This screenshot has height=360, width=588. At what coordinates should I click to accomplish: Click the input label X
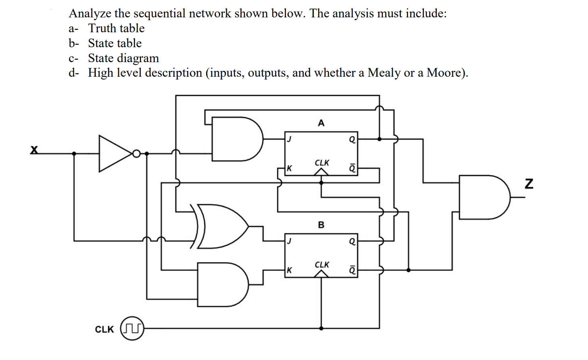pyautogui.click(x=34, y=150)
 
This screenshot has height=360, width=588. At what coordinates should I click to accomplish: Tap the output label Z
pyautogui.click(x=529, y=184)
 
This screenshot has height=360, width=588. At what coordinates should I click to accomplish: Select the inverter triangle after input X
pyautogui.click(x=114, y=154)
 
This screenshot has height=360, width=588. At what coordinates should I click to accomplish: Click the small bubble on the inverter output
pyautogui.click(x=136, y=154)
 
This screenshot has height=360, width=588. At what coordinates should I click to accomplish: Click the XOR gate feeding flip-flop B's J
pyautogui.click(x=222, y=226)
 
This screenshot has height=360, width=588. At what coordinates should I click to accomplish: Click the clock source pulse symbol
pyautogui.click(x=132, y=329)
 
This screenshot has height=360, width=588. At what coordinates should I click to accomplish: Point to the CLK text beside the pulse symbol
pyautogui.click(x=104, y=329)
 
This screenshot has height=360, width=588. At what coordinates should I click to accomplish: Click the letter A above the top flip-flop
pyautogui.click(x=321, y=123)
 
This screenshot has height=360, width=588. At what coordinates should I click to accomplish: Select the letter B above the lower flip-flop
pyautogui.click(x=321, y=225)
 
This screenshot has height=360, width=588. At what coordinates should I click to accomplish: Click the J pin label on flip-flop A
pyautogui.click(x=289, y=139)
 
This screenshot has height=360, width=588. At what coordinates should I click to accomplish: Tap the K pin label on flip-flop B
pyautogui.click(x=289, y=270)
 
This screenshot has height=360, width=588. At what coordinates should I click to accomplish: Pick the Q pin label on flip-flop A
pyautogui.click(x=352, y=140)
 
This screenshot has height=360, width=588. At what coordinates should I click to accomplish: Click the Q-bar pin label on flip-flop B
pyautogui.click(x=352, y=270)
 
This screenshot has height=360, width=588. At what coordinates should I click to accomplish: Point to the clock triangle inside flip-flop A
pyautogui.click(x=321, y=172)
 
